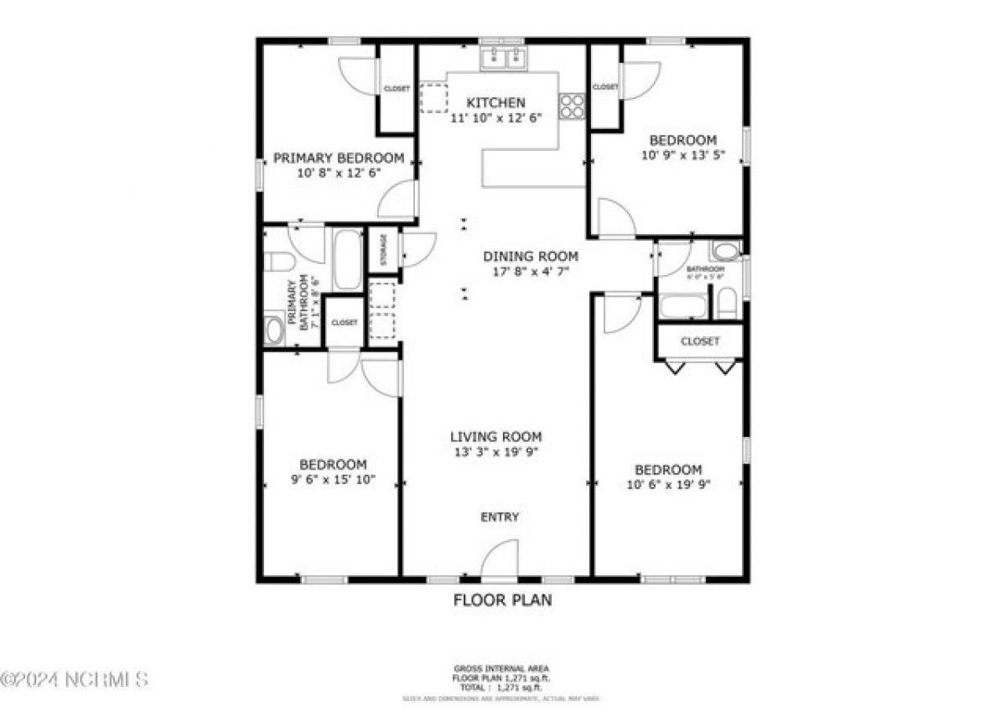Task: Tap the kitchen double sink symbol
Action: coord(503,58)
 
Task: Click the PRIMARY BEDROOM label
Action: coord(339,158)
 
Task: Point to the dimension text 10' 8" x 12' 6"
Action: coord(339,174)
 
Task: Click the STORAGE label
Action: coord(384,249)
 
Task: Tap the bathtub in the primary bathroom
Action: coord(347,259)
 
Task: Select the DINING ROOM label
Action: coord(530,257)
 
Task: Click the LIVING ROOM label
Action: coord(495,437)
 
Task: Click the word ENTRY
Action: coord(500,517)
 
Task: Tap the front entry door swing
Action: coord(500,559)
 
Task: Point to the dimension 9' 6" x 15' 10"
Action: coord(333,481)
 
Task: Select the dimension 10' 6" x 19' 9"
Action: coord(668,485)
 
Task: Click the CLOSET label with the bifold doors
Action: coord(699,341)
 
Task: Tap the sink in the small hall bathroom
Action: coord(725,251)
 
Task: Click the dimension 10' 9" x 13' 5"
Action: coord(683,155)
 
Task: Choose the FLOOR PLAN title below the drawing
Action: coord(502,600)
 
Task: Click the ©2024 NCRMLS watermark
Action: coord(75,678)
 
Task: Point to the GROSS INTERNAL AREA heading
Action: coord(502,669)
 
